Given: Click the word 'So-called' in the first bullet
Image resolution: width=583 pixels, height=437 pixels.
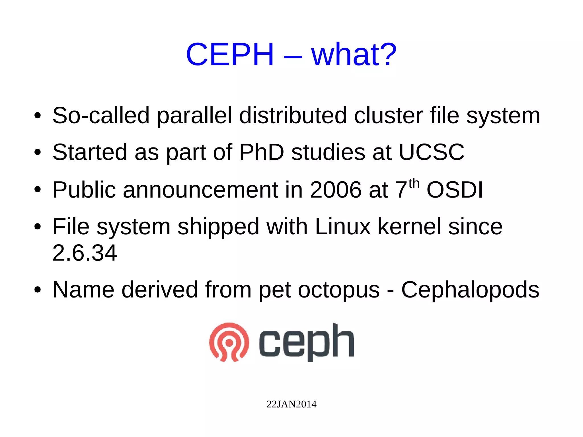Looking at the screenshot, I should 101,116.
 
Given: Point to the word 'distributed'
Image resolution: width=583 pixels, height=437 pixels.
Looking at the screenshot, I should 293,116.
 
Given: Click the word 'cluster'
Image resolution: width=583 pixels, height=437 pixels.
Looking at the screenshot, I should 388,116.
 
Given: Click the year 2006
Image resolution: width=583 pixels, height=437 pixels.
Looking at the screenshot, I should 335,190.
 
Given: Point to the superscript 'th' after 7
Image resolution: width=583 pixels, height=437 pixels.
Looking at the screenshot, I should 414,184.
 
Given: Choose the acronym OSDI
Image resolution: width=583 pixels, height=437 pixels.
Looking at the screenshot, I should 455,190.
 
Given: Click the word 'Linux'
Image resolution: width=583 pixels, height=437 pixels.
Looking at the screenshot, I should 343,227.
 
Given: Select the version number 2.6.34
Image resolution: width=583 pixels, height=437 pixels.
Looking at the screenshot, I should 85,253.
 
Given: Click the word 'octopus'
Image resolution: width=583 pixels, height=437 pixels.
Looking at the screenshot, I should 339,290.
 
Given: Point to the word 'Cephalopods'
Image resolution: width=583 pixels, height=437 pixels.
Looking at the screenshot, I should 470,290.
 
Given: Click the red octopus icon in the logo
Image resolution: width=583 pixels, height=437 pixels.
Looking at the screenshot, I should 229,342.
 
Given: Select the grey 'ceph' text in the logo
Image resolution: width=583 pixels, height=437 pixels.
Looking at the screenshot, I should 306,342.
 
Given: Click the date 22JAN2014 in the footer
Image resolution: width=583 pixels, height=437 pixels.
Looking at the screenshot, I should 291,404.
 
